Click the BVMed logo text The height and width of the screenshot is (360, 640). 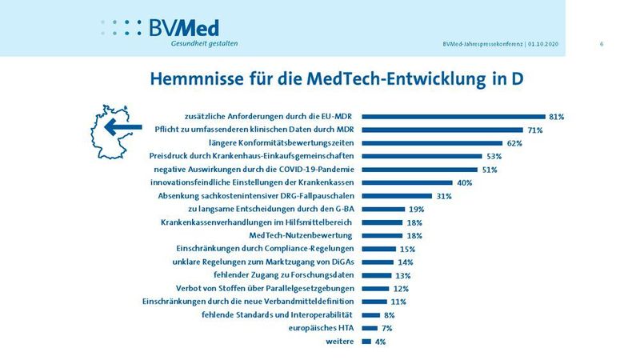coord(184,27)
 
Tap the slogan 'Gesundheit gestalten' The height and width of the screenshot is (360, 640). coord(204,43)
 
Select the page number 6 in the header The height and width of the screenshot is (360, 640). coord(601,43)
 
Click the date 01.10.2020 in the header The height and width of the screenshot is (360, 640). coord(546,43)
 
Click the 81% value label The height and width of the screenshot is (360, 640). coord(557,117)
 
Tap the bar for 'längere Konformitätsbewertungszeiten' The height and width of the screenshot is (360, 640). coord(431,143)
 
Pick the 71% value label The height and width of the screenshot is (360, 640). coord(535,130)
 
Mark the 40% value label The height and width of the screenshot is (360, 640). coord(464,183)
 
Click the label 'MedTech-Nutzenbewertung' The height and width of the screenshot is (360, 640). coord(302,235)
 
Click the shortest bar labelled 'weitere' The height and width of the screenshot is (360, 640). coord(366,342)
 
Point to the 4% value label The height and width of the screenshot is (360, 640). coord(381,342)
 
